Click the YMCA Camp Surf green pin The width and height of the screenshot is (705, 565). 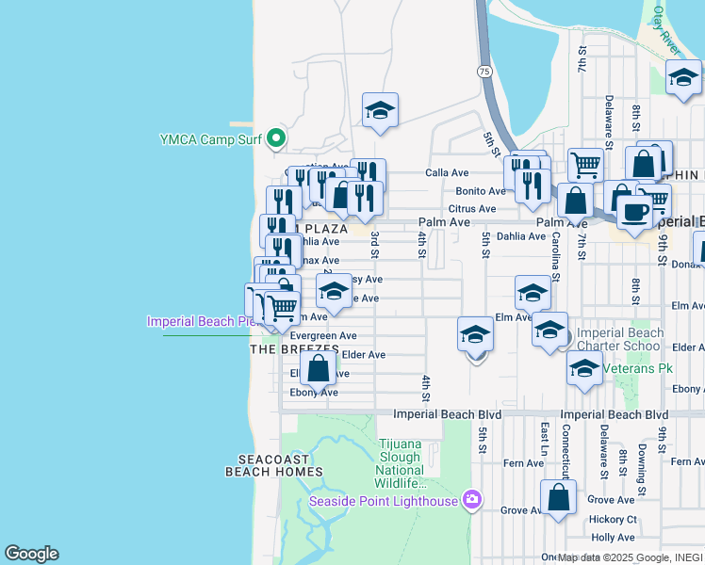(276, 139)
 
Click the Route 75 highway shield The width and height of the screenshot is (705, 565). (484, 72)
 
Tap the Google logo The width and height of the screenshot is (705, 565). (31, 554)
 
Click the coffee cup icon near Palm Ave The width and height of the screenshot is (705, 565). (635, 211)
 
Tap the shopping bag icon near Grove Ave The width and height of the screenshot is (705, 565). (559, 496)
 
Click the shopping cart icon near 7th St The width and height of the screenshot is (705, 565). (585, 164)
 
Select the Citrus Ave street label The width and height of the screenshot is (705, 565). (472, 209)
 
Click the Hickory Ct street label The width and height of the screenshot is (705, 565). (613, 520)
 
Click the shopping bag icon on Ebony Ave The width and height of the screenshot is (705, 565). (319, 368)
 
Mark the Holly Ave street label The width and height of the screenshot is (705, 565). (614, 538)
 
